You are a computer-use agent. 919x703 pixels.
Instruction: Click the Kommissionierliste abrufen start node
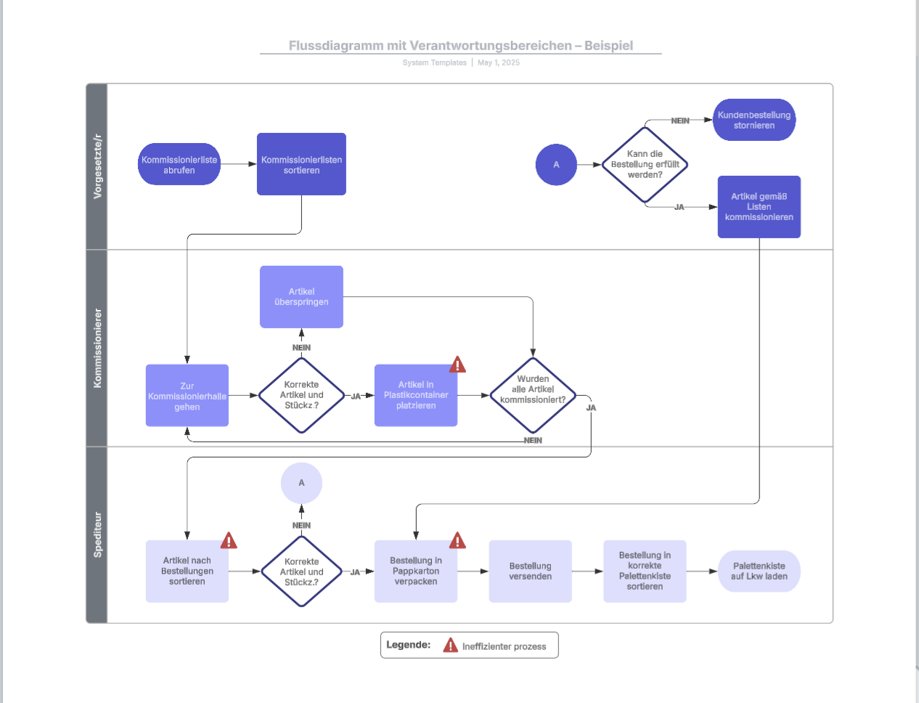click(179, 164)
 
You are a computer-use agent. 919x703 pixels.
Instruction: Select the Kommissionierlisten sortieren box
click(301, 164)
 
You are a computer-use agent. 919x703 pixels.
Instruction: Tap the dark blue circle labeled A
click(556, 165)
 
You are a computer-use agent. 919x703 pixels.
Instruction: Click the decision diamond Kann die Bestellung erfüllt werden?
click(645, 165)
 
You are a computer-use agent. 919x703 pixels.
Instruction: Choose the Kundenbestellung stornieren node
click(753, 120)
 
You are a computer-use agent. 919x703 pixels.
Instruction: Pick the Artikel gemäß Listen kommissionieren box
click(759, 207)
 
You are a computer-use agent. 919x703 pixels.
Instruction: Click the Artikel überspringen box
click(301, 296)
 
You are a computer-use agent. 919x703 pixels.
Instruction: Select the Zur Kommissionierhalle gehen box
click(187, 396)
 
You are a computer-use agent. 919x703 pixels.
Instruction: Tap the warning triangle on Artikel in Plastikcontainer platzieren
click(457, 365)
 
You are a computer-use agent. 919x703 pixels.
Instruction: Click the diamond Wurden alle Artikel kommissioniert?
click(533, 395)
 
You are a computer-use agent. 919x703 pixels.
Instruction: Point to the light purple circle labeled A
click(301, 483)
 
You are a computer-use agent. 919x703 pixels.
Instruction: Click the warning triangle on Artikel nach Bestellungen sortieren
click(229, 541)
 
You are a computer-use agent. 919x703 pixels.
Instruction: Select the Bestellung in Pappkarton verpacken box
click(415, 572)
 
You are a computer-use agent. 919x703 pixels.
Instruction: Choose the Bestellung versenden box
click(530, 572)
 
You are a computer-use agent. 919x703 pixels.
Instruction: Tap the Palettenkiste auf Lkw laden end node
click(759, 572)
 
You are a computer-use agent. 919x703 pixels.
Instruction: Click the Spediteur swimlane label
click(97, 535)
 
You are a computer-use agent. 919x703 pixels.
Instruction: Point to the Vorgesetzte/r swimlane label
click(97, 166)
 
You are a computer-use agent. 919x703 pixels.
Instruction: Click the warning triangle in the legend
click(450, 645)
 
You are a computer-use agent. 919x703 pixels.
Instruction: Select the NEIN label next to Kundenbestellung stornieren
click(680, 121)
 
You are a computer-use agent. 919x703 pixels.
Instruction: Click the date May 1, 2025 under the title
click(499, 62)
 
